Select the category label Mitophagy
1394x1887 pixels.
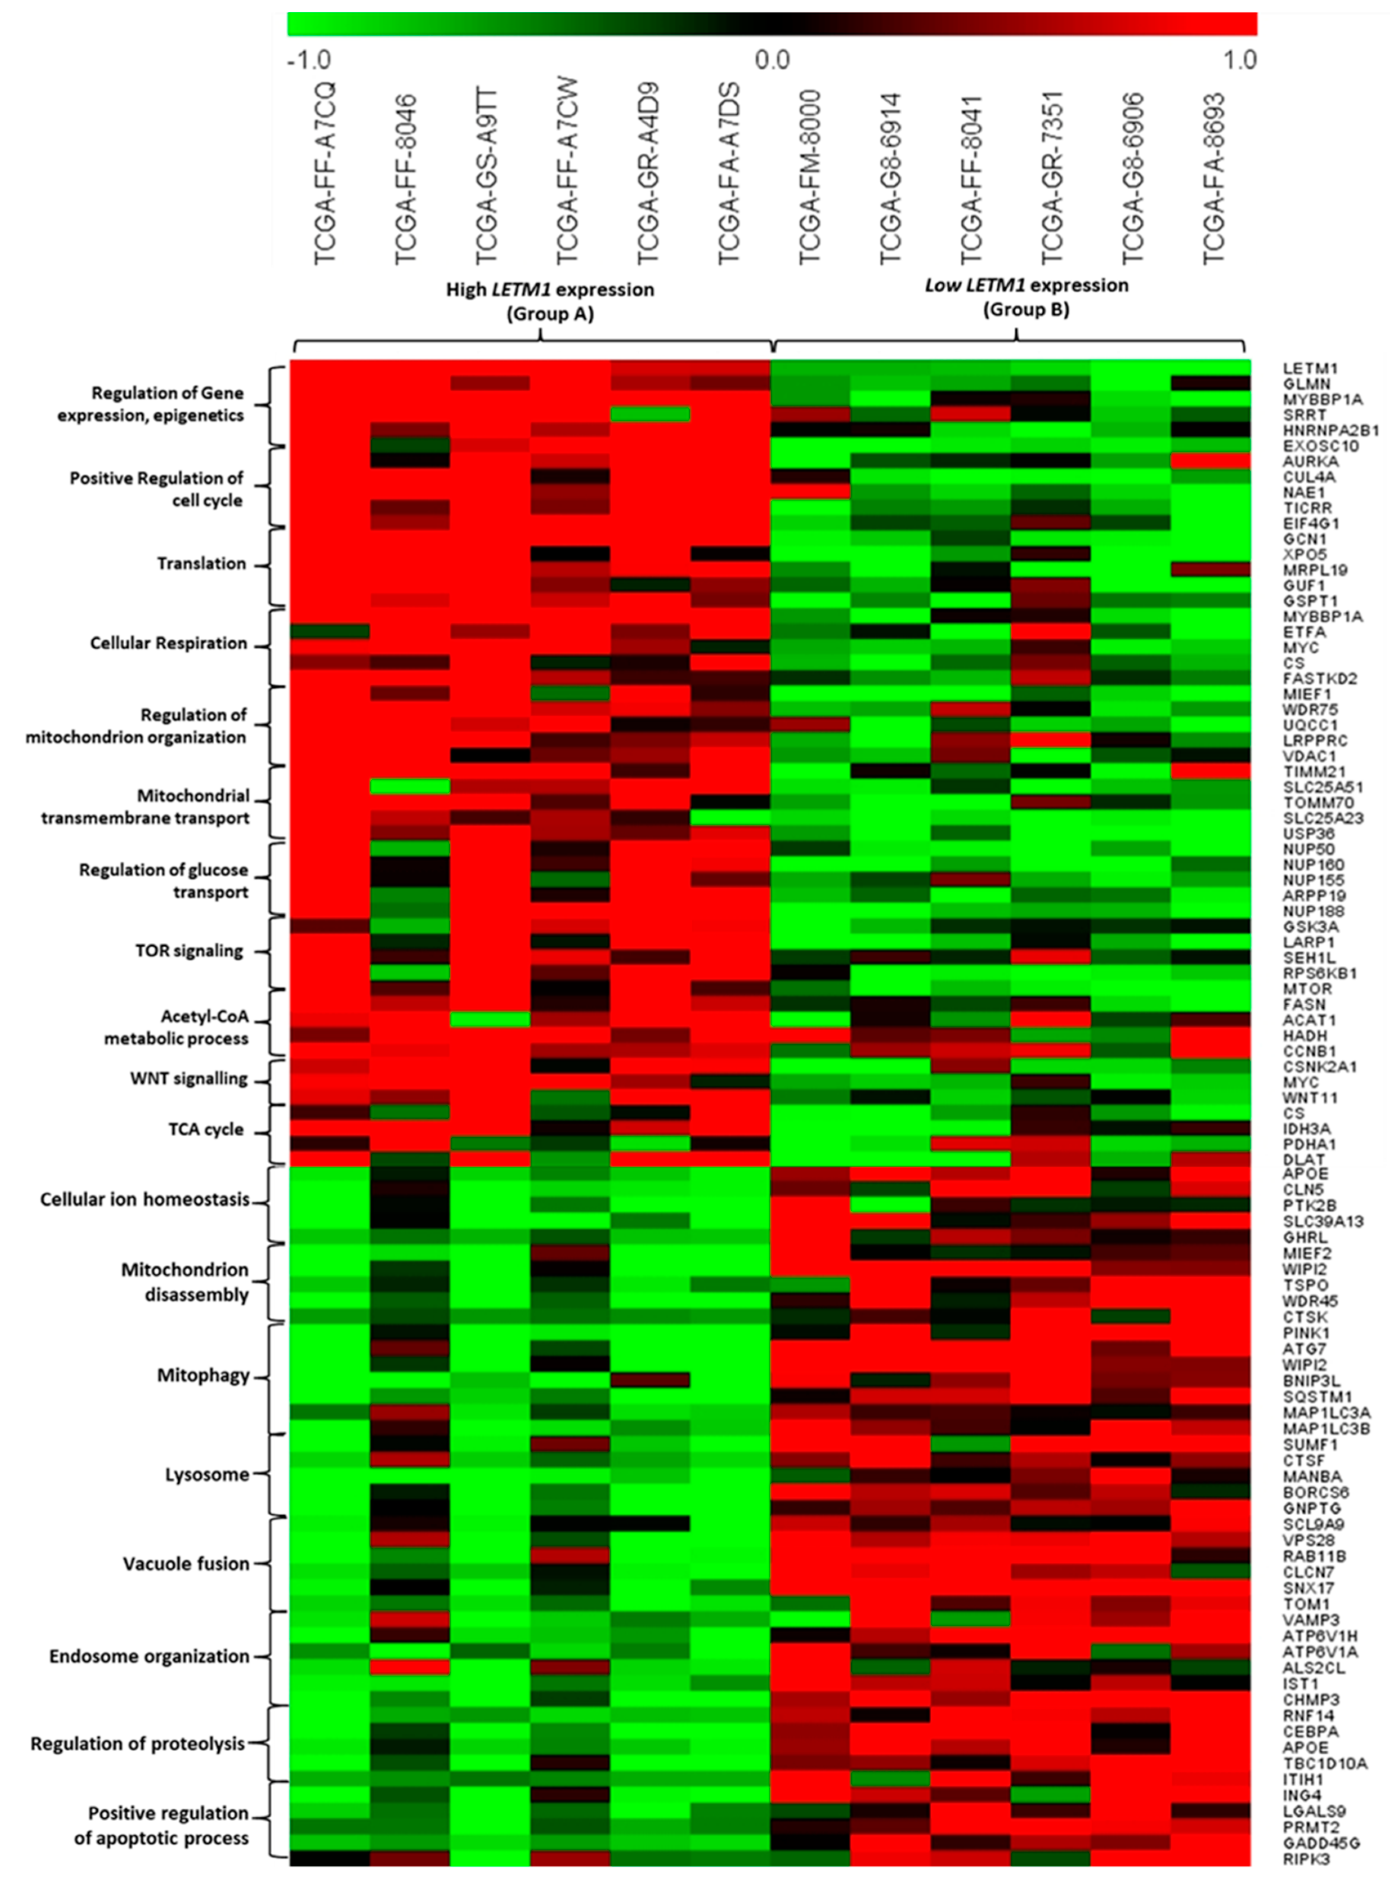pos(203,1375)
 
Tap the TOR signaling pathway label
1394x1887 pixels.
pos(189,950)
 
